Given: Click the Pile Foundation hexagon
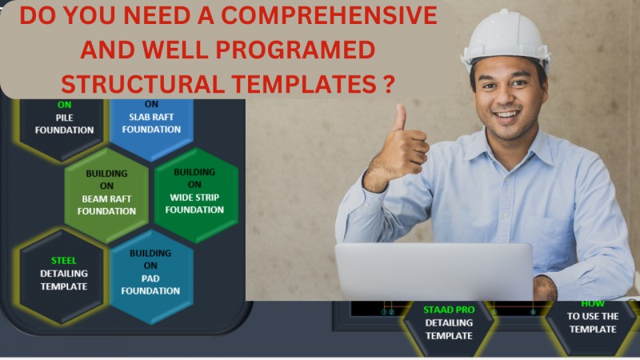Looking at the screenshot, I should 63,124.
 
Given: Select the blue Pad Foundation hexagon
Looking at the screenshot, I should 151,276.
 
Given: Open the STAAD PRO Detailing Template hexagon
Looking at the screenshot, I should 449,324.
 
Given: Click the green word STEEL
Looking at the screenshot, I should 63,260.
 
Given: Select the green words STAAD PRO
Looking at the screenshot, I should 449,309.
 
